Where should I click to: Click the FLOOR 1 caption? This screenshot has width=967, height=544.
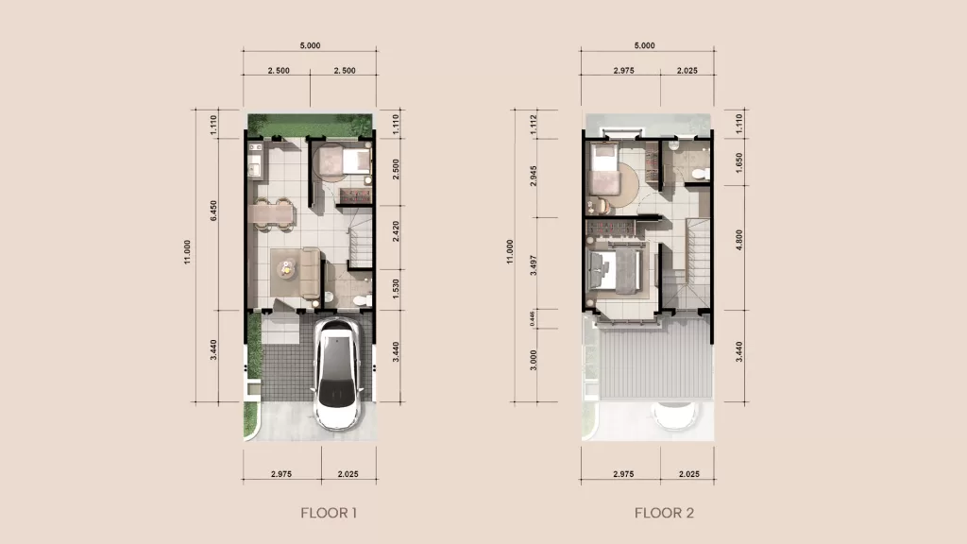click(329, 514)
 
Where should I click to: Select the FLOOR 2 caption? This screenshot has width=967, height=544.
click(664, 514)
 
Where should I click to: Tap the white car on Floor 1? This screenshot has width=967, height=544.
click(336, 374)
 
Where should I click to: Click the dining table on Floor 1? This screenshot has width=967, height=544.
click(272, 212)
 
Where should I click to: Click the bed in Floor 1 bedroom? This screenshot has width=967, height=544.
click(342, 161)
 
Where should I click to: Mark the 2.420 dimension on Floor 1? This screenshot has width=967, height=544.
click(395, 232)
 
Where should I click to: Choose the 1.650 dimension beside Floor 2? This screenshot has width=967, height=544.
click(740, 165)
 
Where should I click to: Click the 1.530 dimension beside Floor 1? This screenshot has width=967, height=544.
click(395, 288)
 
